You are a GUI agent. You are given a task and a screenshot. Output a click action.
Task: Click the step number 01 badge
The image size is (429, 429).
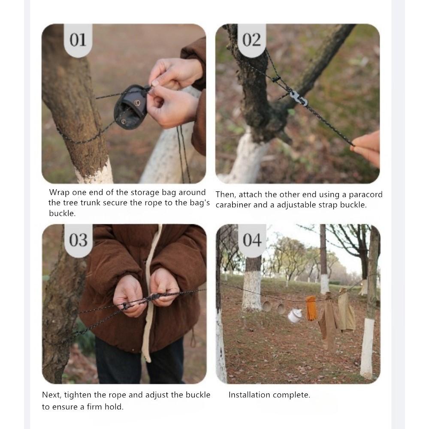tap(78, 40)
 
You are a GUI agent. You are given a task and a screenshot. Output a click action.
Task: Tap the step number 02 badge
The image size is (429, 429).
tap(251, 40)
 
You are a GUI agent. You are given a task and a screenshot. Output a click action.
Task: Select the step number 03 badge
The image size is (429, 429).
tap(78, 241)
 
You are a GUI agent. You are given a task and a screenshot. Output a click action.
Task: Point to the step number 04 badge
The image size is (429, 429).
tap(252, 241)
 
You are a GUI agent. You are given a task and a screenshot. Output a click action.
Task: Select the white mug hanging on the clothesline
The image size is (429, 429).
tap(294, 315)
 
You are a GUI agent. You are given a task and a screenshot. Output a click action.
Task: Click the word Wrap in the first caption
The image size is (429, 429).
tap(59, 193)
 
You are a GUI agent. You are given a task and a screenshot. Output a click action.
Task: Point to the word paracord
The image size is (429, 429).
tap(366, 194)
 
